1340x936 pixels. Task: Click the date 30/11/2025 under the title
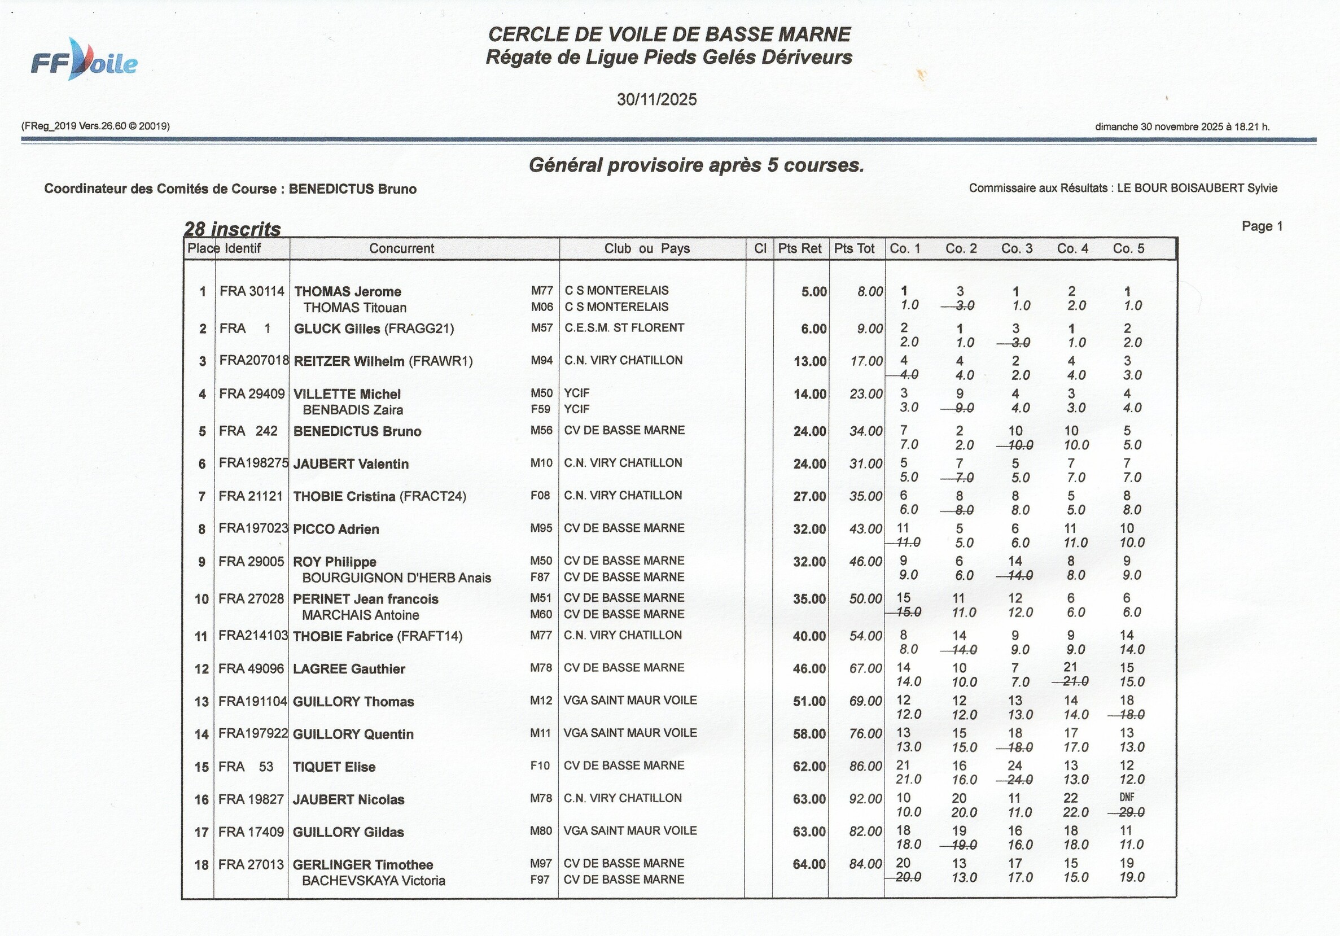click(656, 100)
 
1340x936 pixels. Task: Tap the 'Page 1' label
click(1262, 226)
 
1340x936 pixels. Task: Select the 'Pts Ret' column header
click(800, 248)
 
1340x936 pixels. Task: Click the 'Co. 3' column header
click(1017, 248)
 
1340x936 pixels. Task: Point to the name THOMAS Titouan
click(354, 308)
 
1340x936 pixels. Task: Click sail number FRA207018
click(254, 361)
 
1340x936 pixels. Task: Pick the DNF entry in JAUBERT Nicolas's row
click(1127, 797)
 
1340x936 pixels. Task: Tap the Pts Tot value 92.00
click(865, 799)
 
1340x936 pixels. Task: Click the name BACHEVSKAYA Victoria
click(373, 881)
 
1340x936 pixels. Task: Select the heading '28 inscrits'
click(233, 229)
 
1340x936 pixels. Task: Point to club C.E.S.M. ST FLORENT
click(624, 328)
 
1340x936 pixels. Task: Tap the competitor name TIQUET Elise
click(334, 767)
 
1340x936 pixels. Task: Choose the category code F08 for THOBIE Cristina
click(540, 496)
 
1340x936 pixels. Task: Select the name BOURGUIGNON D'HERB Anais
click(396, 578)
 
